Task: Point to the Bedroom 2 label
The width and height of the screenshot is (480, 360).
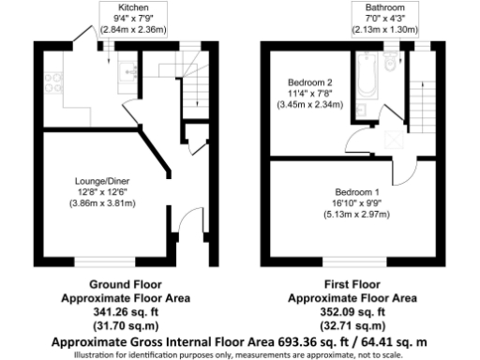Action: click(x=308, y=82)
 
